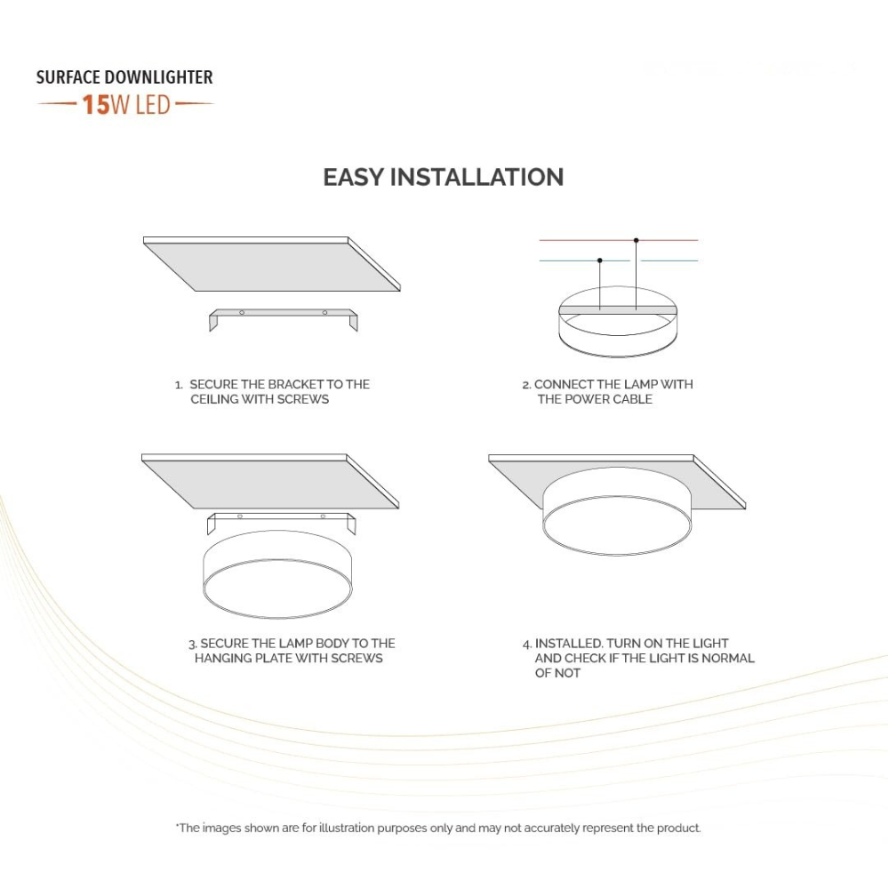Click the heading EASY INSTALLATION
443,177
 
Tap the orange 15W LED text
125,105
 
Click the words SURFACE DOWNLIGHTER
124,77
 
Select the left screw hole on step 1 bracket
242,312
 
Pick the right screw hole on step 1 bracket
324,312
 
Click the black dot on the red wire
636,240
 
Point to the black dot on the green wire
600,260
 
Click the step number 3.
192,643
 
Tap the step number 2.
526,384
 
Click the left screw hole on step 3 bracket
240,517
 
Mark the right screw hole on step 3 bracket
323,517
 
